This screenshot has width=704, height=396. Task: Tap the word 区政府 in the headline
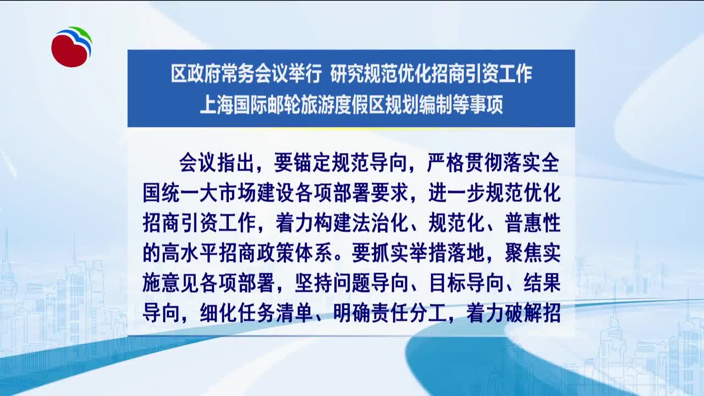coord(196,74)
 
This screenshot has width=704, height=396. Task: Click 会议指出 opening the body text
coord(217,163)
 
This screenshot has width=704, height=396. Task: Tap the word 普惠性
coord(533,223)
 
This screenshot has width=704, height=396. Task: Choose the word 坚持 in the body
coord(313,282)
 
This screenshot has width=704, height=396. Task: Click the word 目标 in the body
coord(448,282)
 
